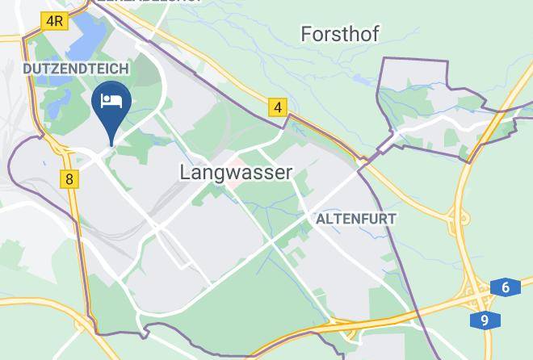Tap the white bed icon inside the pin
click(x=111, y=101)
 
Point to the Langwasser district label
click(x=235, y=172)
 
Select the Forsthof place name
click(x=339, y=34)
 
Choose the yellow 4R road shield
click(x=54, y=21)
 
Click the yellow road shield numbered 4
click(x=278, y=107)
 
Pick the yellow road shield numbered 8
click(x=70, y=179)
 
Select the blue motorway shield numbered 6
click(x=505, y=288)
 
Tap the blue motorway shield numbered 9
click(x=485, y=320)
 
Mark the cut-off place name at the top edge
click(x=149, y=2)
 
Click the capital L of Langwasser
click(x=186, y=172)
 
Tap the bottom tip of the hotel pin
click(x=111, y=144)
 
